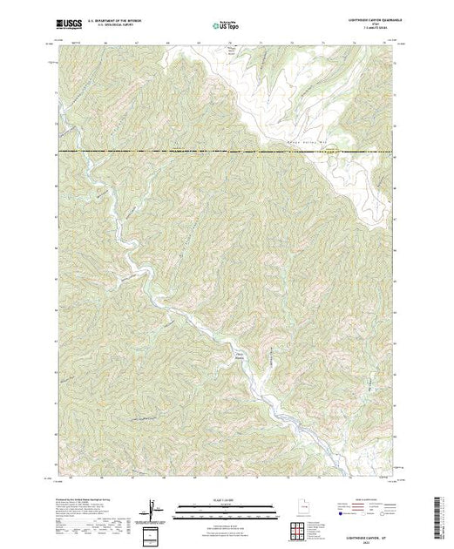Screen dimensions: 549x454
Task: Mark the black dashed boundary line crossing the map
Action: [x=227, y=152]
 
